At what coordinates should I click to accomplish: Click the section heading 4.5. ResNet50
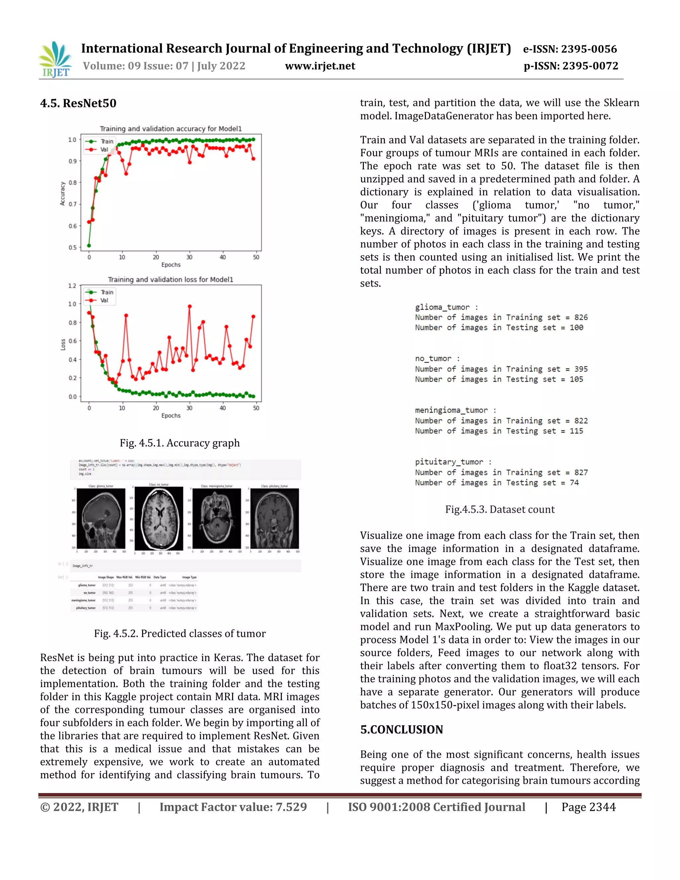click(x=78, y=103)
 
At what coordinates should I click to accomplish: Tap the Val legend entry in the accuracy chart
click(x=104, y=149)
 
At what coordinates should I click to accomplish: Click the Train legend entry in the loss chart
click(x=106, y=292)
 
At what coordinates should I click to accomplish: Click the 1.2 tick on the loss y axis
click(x=72, y=286)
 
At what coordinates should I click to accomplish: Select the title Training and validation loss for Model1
click(x=170, y=279)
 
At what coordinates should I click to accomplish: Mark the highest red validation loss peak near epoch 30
click(x=190, y=307)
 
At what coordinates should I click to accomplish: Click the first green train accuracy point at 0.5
click(x=89, y=245)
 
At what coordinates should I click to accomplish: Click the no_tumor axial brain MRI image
click(x=159, y=519)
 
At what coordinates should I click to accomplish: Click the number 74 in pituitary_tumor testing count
click(x=574, y=483)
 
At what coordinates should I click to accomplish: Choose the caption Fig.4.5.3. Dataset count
click(x=499, y=509)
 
